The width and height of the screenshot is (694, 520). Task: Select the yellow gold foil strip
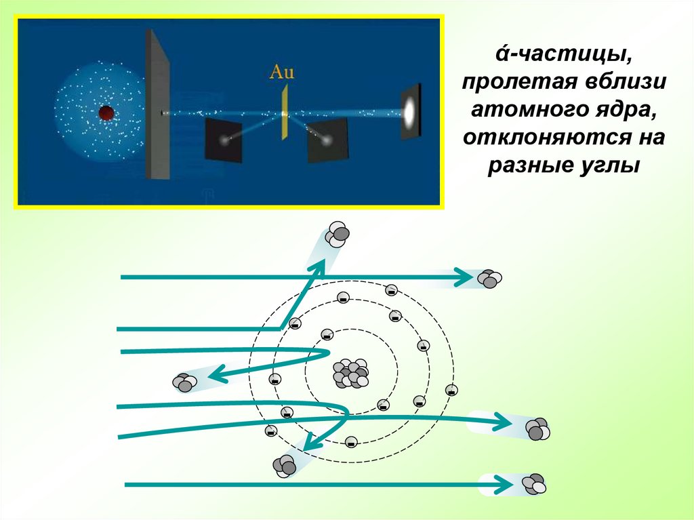pyautogui.click(x=286, y=112)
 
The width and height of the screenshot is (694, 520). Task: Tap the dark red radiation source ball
pyautogui.click(x=106, y=113)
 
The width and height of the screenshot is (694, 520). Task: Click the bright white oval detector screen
pyautogui.click(x=410, y=111)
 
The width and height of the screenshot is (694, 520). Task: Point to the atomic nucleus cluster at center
pyautogui.click(x=351, y=373)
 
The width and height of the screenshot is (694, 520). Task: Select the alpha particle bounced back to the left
pyautogui.click(x=184, y=383)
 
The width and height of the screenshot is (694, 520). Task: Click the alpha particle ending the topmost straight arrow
pyautogui.click(x=489, y=278)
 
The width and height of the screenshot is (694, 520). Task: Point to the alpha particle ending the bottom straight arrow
pyautogui.click(x=533, y=483)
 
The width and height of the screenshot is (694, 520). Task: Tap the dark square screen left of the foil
pyautogui.click(x=224, y=140)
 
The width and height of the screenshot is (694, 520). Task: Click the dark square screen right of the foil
pyautogui.click(x=328, y=140)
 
